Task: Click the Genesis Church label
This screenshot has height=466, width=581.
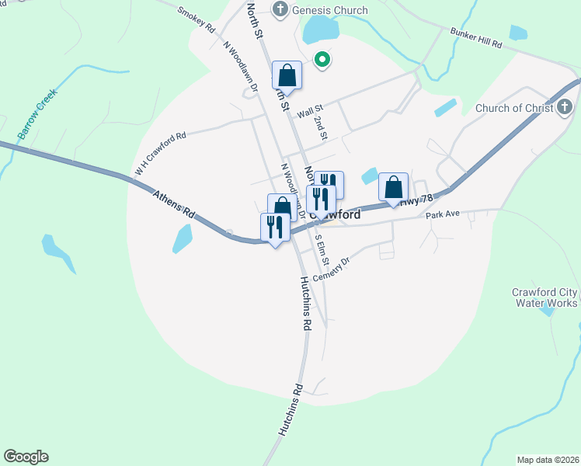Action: point(329,10)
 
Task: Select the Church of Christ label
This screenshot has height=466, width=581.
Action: point(514,108)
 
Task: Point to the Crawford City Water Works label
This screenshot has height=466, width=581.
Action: point(544,297)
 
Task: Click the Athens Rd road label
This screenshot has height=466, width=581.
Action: point(173,206)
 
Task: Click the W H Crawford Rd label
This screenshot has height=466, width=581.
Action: point(161,154)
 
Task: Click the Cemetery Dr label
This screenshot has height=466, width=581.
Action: point(333,270)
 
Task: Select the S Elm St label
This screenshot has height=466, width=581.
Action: point(322,249)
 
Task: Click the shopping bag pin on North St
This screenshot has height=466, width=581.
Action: point(287,76)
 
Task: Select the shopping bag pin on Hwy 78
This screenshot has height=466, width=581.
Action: point(393,187)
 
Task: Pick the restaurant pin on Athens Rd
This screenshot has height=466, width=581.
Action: point(275,228)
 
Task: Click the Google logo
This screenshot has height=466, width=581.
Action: point(26,457)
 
